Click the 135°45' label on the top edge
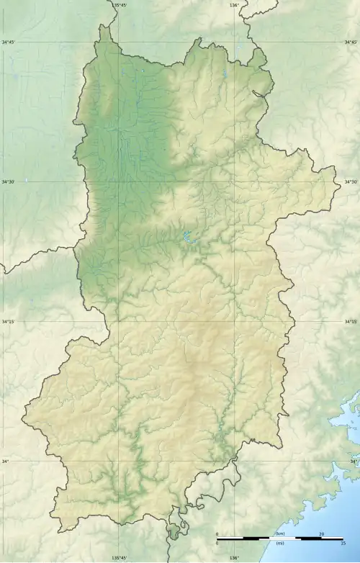click(120, 5)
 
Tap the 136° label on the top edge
click(234, 5)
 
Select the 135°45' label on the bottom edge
click(120, 558)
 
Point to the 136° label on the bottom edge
click(234, 558)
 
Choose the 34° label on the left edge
click(6, 461)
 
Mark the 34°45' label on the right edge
click(351, 42)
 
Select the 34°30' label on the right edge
click(351, 182)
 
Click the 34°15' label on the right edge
click(351, 322)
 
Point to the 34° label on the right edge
click(354, 461)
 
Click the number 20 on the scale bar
click(322, 533)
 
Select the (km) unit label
click(279, 533)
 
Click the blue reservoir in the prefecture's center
click(189, 236)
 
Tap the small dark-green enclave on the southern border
click(174, 533)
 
